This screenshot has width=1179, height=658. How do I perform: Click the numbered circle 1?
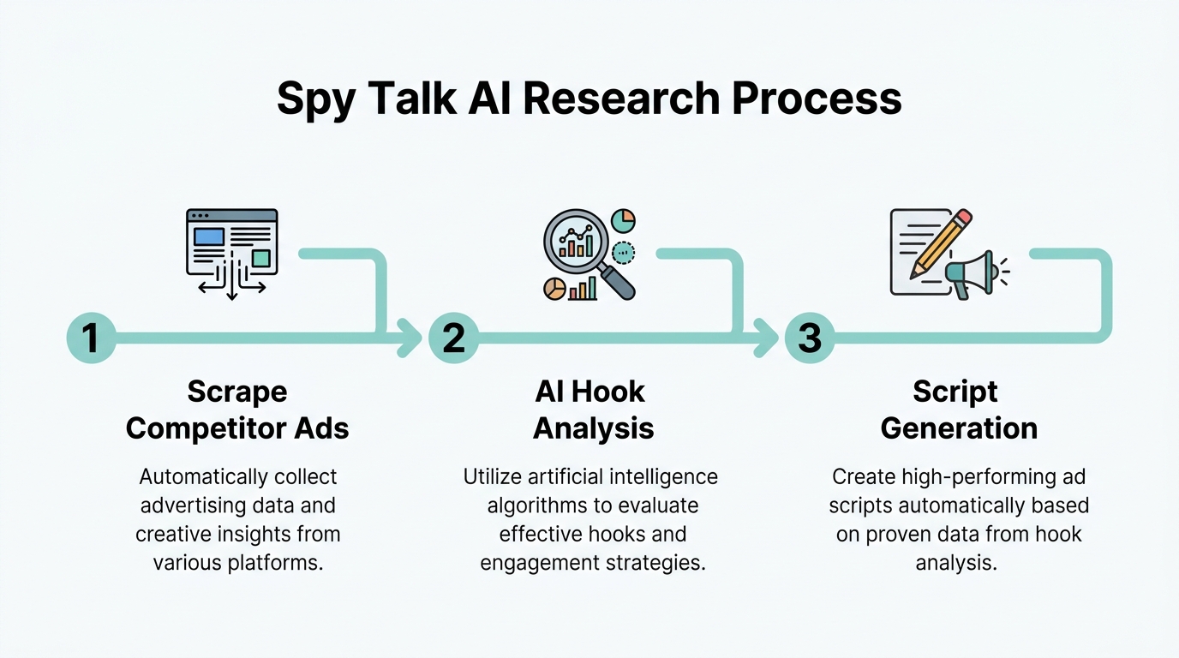pyautogui.click(x=91, y=338)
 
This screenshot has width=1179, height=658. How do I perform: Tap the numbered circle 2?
pyautogui.click(x=453, y=338)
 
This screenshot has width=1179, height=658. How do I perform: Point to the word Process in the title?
pyautogui.click(x=816, y=100)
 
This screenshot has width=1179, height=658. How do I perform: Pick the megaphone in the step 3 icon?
pyautogui.click(x=971, y=273)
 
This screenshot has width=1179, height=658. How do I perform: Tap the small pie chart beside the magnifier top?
pyautogui.click(x=623, y=220)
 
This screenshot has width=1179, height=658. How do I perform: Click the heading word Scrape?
pyautogui.click(x=237, y=392)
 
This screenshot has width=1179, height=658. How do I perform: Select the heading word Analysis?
pyautogui.click(x=593, y=428)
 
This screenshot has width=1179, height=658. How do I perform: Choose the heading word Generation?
pyautogui.click(x=958, y=428)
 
